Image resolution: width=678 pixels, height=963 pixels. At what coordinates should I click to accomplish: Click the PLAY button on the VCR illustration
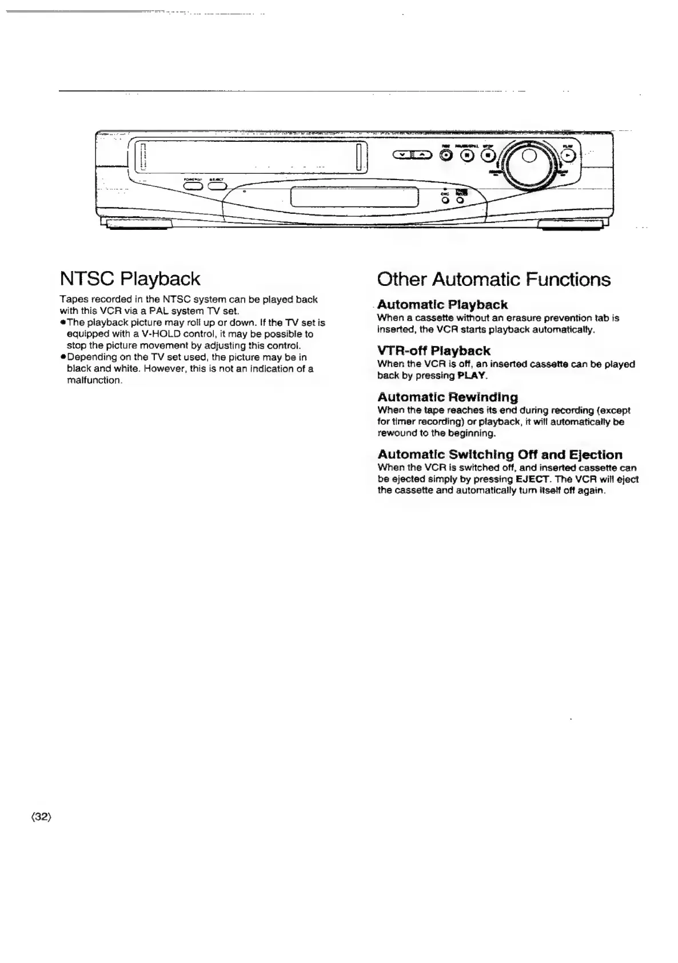(567, 155)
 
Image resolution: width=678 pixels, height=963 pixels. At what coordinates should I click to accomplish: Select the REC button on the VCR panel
(445, 155)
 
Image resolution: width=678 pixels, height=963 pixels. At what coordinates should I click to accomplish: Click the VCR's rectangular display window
(354, 198)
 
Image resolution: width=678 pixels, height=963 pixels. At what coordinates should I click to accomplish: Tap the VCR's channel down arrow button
(404, 155)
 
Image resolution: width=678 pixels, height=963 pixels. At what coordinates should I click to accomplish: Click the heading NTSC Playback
(130, 279)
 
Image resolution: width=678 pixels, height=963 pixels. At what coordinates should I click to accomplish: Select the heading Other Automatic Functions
(493, 280)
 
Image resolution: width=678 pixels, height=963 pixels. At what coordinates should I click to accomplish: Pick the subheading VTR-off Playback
(433, 351)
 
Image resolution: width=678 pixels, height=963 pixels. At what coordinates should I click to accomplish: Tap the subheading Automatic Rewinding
(447, 397)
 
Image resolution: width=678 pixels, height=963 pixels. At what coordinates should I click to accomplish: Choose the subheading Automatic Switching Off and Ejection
(500, 455)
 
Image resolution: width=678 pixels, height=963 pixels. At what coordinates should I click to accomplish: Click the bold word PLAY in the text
(472, 376)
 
